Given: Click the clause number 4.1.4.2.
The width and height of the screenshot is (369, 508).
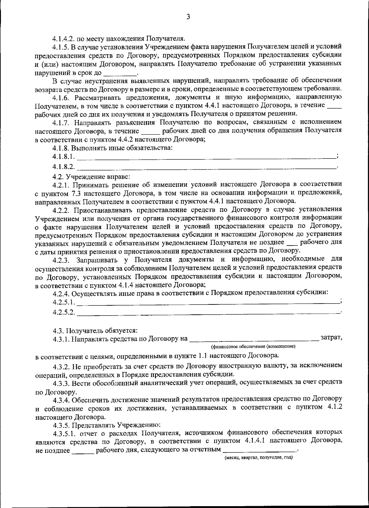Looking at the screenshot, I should (64, 39).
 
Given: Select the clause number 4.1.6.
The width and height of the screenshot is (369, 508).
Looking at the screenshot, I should (61, 97).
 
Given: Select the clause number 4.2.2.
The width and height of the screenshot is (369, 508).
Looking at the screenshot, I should (61, 210).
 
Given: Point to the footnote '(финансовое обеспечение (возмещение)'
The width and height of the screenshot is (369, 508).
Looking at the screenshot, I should (253, 347).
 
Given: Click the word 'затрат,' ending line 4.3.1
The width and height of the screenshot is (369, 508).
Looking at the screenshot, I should (331, 338).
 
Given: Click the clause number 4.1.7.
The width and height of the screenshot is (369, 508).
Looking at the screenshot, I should (61, 122).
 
